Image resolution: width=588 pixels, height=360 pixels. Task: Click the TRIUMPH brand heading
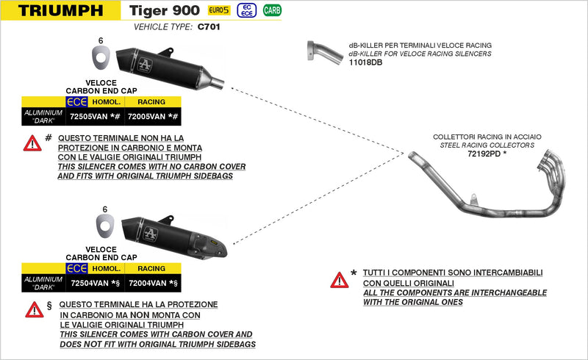click(61, 10)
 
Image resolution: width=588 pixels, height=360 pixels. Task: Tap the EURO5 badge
click(218, 10)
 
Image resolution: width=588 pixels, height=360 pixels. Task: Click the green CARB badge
click(272, 10)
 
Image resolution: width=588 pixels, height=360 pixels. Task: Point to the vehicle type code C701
click(209, 26)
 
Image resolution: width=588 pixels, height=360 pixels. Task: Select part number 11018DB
click(365, 62)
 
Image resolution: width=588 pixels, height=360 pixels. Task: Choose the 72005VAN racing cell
click(152, 115)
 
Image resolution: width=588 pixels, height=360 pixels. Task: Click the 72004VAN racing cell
click(152, 282)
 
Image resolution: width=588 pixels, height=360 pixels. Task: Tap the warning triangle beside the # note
click(32, 143)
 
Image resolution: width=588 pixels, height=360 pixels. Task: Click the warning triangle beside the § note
click(34, 310)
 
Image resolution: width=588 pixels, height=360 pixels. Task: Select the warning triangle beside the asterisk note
click(339, 280)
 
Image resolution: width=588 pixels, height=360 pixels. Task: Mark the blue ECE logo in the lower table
click(76, 269)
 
